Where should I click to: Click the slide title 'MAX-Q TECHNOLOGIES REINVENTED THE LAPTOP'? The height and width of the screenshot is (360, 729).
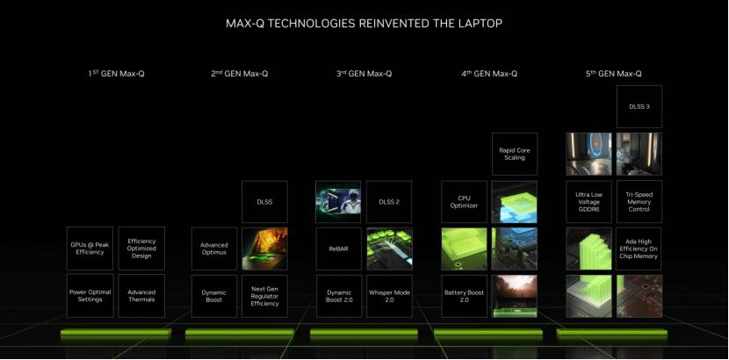pos(364,23)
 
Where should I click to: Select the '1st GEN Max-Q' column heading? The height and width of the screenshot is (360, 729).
pos(116,74)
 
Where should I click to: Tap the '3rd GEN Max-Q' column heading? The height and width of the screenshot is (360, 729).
pos(364,74)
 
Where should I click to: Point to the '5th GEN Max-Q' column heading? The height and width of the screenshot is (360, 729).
pos(613,74)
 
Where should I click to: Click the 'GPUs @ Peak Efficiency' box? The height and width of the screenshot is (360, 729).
pos(90,248)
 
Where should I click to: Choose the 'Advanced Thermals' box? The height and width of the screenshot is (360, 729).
pos(141,295)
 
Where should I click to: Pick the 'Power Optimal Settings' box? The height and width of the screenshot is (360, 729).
pos(90,295)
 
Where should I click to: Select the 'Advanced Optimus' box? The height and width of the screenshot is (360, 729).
pos(214,248)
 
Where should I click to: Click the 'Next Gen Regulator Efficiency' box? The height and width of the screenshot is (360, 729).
pos(264,295)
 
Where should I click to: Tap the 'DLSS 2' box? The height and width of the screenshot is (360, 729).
pos(389,201)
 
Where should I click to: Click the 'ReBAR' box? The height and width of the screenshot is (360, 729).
pos(338,248)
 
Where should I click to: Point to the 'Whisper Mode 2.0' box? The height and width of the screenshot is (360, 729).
pos(389,295)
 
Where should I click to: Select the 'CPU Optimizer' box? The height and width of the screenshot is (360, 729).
pos(463,201)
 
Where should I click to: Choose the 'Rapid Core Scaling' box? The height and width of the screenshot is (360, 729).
pos(514,154)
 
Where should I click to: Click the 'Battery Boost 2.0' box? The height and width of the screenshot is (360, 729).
pos(463,295)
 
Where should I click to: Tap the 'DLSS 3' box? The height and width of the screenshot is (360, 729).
pos(639,106)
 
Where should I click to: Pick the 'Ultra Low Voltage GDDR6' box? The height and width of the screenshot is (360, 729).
pos(588,201)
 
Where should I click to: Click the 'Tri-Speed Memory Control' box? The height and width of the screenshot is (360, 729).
pos(639,201)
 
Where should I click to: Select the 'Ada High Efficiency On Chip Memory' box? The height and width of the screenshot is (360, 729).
pos(639,248)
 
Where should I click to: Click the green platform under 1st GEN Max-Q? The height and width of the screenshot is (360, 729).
pos(116,335)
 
